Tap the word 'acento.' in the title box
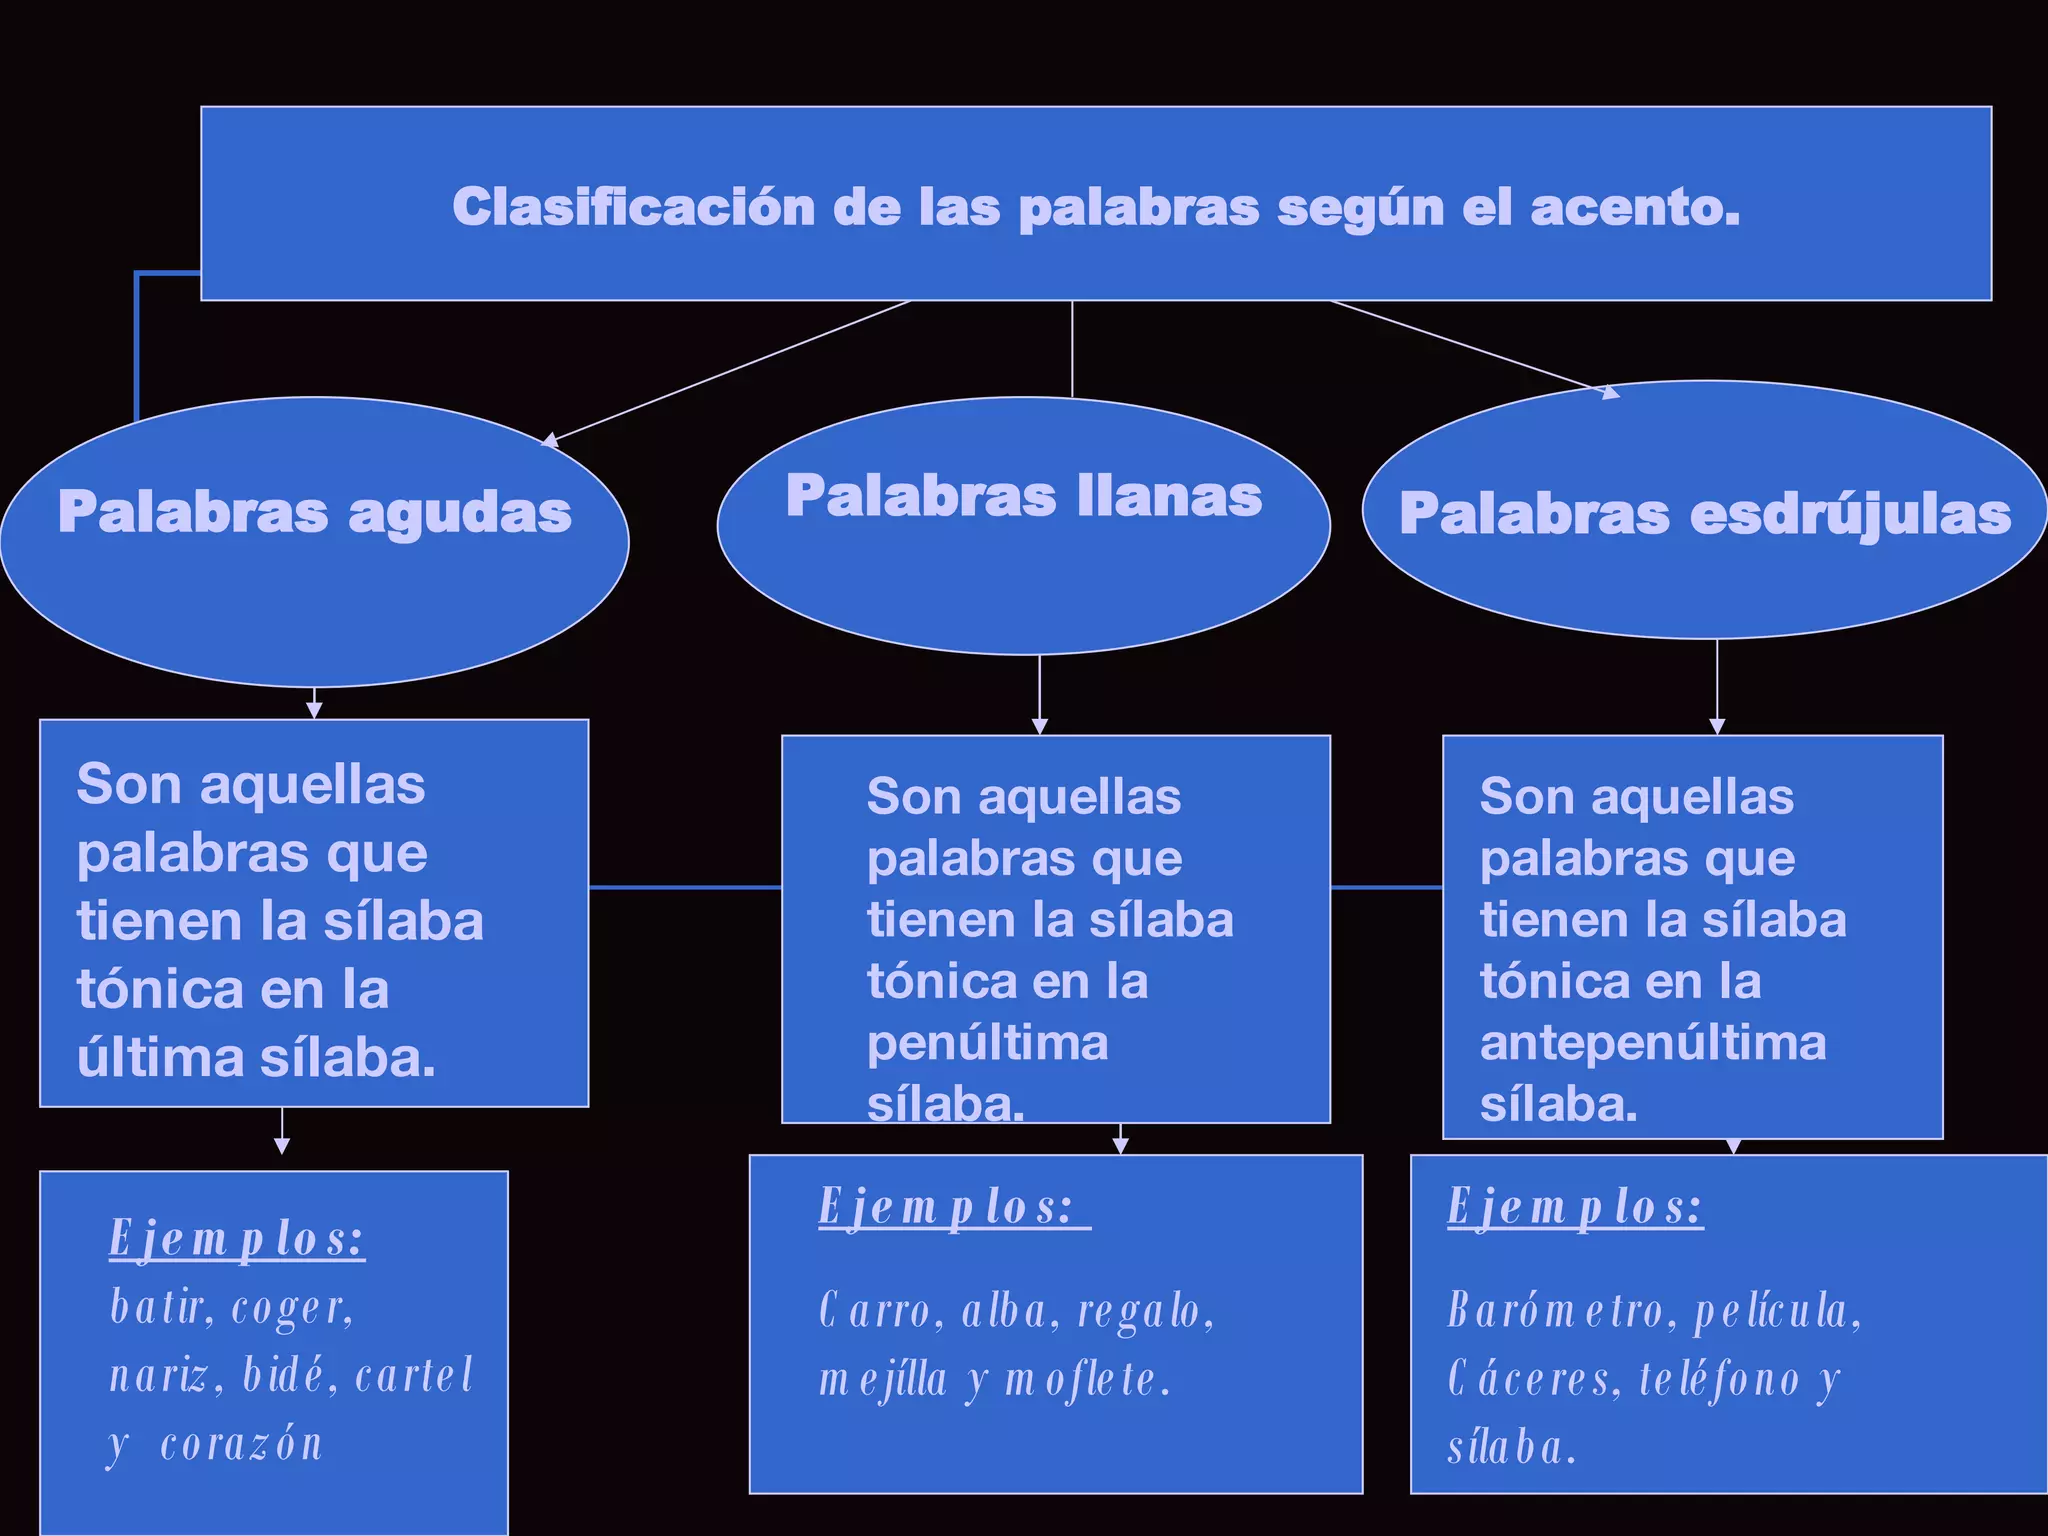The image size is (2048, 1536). tap(1635, 207)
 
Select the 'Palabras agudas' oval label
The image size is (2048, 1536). tap(314, 512)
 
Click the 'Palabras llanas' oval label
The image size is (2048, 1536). tap(1024, 495)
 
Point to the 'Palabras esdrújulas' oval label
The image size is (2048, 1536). tap(1705, 514)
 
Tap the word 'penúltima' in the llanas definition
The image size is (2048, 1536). tap(987, 1043)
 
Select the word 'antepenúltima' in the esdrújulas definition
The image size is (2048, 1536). tap(1652, 1043)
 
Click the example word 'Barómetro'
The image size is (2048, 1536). tap(1556, 1311)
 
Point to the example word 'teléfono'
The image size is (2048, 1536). tap(1718, 1381)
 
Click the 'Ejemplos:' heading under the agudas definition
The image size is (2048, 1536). tap(237, 1240)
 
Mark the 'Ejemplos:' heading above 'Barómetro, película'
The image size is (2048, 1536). tap(1575, 1207)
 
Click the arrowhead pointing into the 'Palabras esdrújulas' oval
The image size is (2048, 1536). tap(1611, 392)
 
